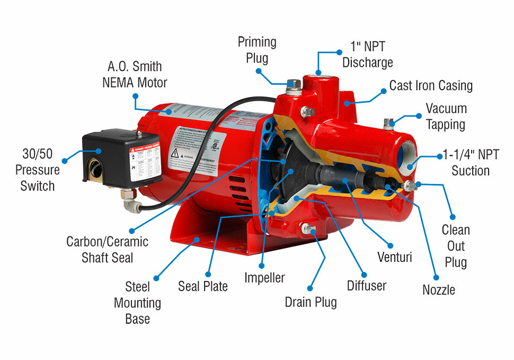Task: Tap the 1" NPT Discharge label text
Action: click(x=367, y=55)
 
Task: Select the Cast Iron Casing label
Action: click(x=431, y=85)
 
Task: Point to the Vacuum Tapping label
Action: click(x=446, y=117)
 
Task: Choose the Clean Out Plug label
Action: click(x=456, y=246)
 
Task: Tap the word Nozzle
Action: click(x=438, y=289)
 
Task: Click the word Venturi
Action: click(x=394, y=258)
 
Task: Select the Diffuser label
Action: click(x=367, y=286)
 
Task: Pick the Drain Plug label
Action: click(x=311, y=302)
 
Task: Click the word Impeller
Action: click(x=264, y=277)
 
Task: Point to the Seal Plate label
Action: click(x=202, y=286)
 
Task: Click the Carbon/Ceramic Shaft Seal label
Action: click(x=107, y=249)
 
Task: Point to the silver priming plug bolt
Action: click(x=290, y=85)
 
